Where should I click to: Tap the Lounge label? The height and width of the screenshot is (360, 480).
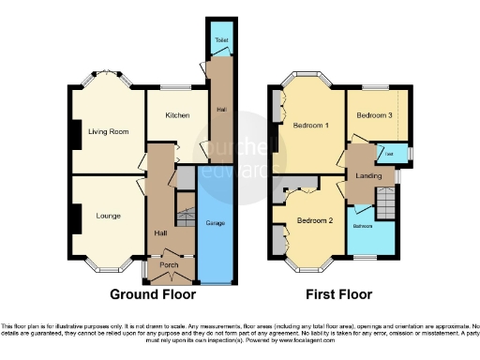tap(108, 216)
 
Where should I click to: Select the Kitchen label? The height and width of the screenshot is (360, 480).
tap(177, 115)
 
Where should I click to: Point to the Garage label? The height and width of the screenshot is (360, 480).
tap(217, 225)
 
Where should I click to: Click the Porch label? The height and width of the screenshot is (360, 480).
tap(169, 265)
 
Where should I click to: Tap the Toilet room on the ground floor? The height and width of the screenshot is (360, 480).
tap(221, 41)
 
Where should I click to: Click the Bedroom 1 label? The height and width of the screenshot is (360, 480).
tap(309, 126)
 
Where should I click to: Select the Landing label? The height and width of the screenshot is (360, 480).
tap(367, 172)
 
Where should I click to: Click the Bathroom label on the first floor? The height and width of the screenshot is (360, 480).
tap(363, 227)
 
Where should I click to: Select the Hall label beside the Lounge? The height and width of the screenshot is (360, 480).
tap(159, 232)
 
